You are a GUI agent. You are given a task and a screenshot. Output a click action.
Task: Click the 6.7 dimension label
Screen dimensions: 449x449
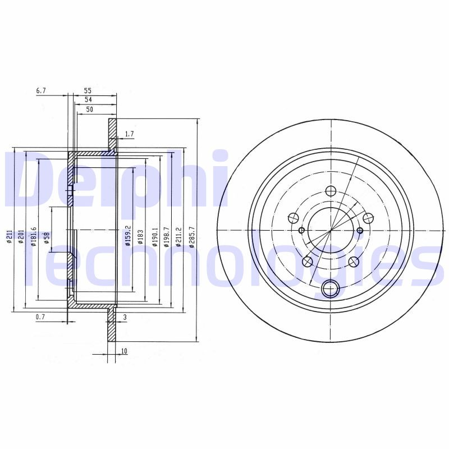41,90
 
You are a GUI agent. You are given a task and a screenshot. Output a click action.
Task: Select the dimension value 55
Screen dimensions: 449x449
88,90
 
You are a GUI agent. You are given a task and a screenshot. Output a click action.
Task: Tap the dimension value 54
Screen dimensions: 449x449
88,99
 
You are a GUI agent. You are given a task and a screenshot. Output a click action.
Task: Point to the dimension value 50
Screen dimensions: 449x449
89,109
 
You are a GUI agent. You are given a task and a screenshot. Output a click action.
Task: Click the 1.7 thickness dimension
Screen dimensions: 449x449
129,134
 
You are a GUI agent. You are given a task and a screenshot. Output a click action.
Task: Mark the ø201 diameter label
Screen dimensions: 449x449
21,235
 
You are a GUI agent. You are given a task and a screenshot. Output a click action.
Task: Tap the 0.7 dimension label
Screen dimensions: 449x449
40,318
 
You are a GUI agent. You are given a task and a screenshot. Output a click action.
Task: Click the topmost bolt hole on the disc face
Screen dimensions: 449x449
331,191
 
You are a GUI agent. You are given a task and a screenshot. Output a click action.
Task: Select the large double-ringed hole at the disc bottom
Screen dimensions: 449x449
331,290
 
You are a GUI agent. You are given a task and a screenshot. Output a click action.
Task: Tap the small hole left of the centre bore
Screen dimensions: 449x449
301,230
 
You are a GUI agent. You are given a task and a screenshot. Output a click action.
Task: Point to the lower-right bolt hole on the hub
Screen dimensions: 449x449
354,261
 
